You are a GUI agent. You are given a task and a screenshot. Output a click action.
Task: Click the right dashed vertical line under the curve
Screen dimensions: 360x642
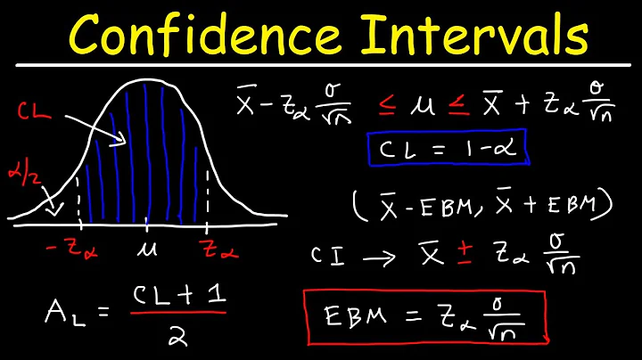pyautogui.click(x=207, y=200)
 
